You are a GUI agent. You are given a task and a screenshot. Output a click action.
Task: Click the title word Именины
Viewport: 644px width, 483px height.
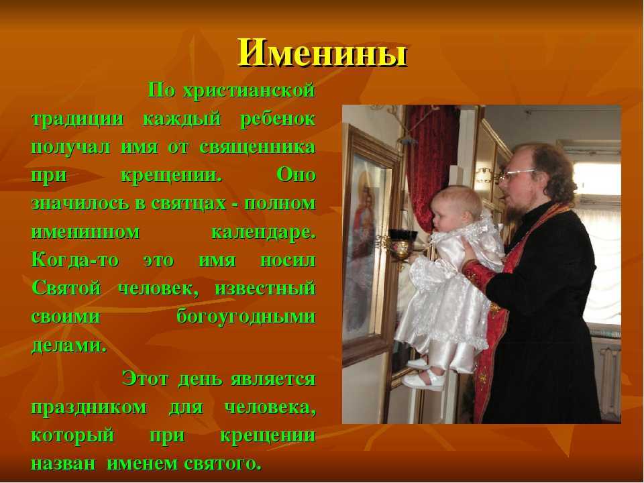(322, 53)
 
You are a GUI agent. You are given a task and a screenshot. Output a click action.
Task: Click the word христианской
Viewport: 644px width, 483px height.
(249, 90)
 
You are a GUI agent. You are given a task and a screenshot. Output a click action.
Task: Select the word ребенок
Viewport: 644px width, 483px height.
(278, 119)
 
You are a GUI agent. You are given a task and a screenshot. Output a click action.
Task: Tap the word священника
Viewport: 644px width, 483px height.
(258, 147)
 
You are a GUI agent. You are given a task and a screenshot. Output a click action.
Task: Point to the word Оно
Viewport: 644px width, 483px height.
(296, 175)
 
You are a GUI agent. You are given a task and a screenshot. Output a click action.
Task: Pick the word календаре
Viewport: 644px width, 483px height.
(264, 232)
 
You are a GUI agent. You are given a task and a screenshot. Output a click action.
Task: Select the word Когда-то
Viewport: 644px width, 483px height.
(75, 260)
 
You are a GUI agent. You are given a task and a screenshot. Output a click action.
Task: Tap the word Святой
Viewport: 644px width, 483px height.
(66, 288)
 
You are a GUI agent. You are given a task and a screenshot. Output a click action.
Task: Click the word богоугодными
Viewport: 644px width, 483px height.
(246, 317)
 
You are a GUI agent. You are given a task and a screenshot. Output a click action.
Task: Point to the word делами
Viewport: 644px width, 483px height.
(69, 345)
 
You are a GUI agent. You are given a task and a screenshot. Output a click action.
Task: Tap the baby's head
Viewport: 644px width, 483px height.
(457, 209)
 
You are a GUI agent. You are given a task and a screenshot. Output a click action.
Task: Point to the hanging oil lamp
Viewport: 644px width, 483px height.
(400, 246)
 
